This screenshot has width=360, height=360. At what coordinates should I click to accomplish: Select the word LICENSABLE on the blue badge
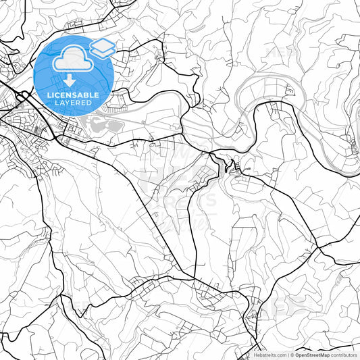(74, 94)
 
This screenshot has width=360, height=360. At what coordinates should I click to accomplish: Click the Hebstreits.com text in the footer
(271, 355)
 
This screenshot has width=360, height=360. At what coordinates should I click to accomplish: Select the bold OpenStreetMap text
(311, 355)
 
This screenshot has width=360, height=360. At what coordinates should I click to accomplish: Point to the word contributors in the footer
(344, 355)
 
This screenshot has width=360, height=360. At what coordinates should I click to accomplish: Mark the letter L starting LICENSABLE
(48, 94)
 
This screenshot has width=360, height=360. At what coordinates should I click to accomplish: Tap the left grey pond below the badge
(97, 124)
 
